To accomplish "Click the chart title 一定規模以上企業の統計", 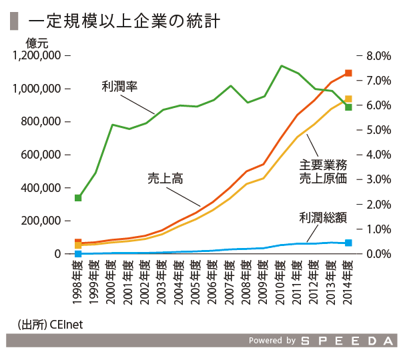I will pyautogui.click(x=124, y=21).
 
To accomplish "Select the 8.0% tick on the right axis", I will pyautogui.click(x=378, y=55).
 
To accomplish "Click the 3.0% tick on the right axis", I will pyautogui.click(x=378, y=179).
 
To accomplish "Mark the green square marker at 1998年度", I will pyautogui.click(x=78, y=198).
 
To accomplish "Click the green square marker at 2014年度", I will pyautogui.click(x=348, y=107).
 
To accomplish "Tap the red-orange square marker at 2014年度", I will pyautogui.click(x=348, y=73).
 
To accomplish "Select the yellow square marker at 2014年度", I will pyautogui.click(x=348, y=99).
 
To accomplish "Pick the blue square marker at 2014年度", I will pyautogui.click(x=348, y=243).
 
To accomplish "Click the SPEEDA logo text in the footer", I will pyautogui.click(x=347, y=341).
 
